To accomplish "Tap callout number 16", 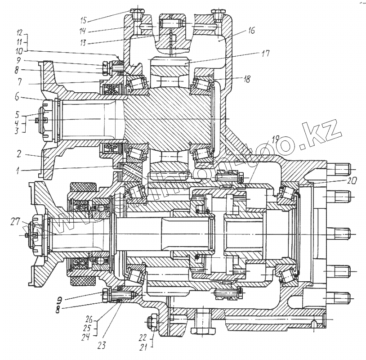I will [251, 31].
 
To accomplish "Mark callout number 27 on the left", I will [16, 220].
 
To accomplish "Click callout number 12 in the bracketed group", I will [18, 33].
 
